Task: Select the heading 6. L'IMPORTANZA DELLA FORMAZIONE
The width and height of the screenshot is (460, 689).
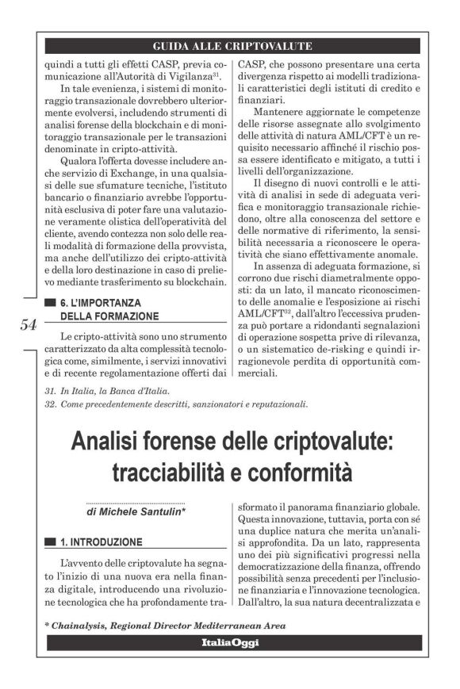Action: coord(111,309)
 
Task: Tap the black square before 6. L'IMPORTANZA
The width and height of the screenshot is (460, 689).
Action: coord(51,303)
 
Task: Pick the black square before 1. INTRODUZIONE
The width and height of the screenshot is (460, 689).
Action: coord(51,542)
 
